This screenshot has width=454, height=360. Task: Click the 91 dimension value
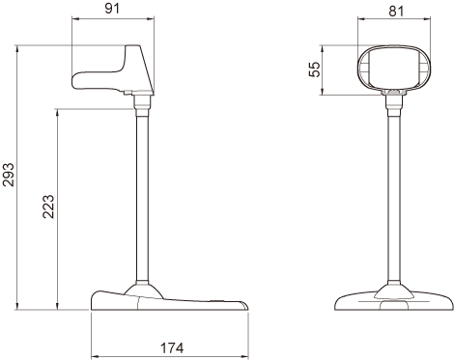click(x=112, y=8)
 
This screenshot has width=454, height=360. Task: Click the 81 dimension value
click(x=396, y=11)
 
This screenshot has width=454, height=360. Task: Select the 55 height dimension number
click(x=315, y=69)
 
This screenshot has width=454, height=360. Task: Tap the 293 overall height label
click(x=9, y=175)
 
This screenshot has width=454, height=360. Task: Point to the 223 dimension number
click(x=48, y=207)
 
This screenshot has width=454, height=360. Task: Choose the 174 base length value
click(x=172, y=347)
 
